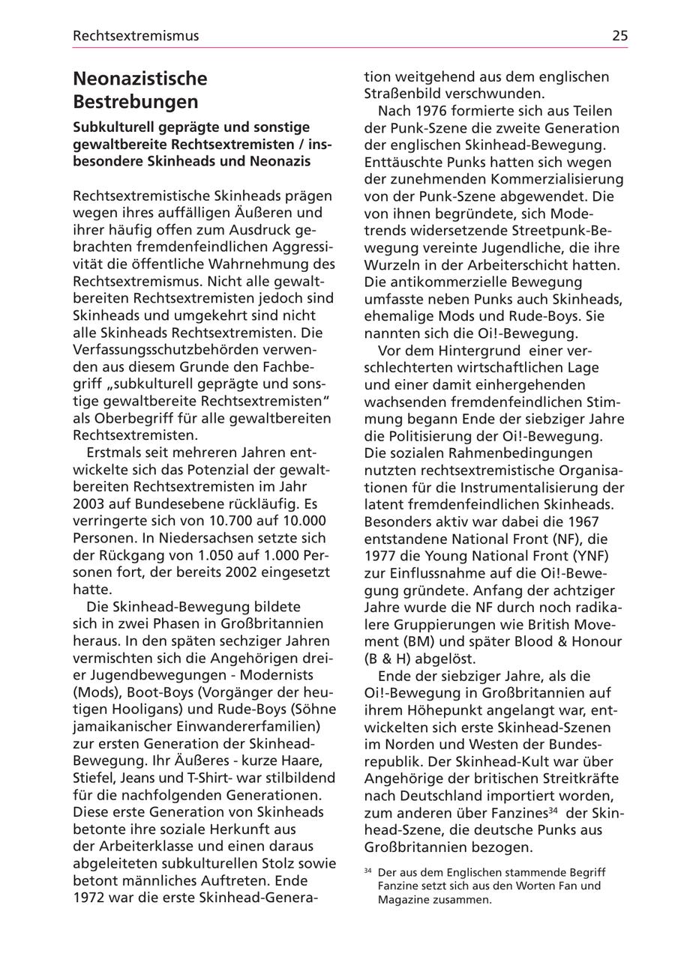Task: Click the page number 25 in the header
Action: [619, 35]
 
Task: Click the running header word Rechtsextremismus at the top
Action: [136, 35]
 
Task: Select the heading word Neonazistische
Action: [140, 79]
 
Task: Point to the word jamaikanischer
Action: [122, 726]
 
